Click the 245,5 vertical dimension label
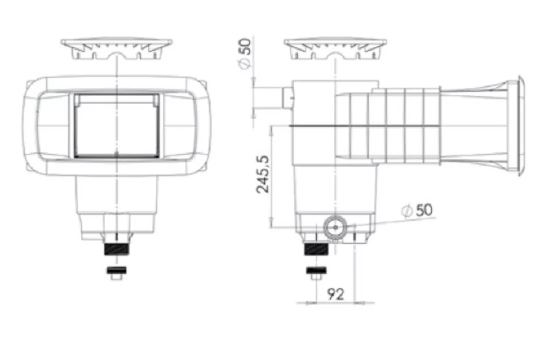[x=263, y=174]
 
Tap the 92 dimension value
[x=335, y=294]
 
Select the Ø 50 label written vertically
[x=246, y=53]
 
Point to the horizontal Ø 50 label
[x=417, y=210]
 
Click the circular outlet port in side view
[x=335, y=227]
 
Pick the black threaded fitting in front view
[x=117, y=249]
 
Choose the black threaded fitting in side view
[x=316, y=249]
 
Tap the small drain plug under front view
[x=116, y=273]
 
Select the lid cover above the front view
[x=117, y=49]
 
